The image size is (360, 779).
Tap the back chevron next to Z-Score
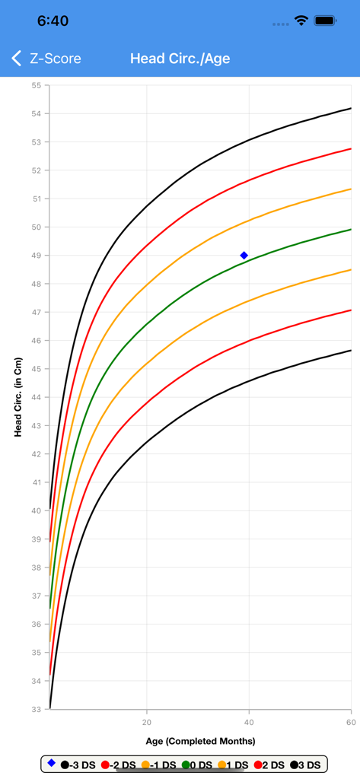tap(17, 59)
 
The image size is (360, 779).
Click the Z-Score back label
tap(55, 59)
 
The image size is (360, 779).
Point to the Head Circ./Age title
tap(180, 59)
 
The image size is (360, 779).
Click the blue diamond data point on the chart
tap(244, 256)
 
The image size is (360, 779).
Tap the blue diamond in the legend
tap(52, 763)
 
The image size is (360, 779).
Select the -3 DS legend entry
tap(78, 765)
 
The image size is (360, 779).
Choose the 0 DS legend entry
tap(197, 765)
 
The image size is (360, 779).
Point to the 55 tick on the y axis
tap(36, 85)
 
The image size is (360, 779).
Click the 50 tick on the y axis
tap(36, 227)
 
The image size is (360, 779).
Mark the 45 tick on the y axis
tap(36, 369)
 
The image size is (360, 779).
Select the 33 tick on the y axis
tap(36, 709)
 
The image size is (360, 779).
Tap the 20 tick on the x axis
tap(147, 721)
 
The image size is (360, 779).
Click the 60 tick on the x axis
tap(350, 721)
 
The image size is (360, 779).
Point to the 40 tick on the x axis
tap(249, 721)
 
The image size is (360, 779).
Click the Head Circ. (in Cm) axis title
tap(18, 397)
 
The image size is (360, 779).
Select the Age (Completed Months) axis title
tap(200, 741)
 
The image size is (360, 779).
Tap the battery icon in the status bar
tap(326, 21)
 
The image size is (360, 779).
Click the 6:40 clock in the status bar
tap(53, 21)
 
